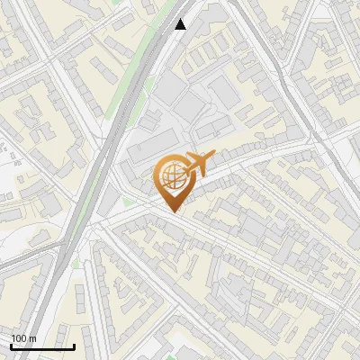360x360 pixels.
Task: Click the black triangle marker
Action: [x=181, y=24]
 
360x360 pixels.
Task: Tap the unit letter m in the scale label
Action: [x=34, y=338]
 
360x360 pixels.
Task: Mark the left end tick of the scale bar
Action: [x=11, y=346]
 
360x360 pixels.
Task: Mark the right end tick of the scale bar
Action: [x=74, y=346]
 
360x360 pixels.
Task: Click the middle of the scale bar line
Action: [x=42, y=347]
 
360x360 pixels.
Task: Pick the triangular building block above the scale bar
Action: [x=36, y=297]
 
